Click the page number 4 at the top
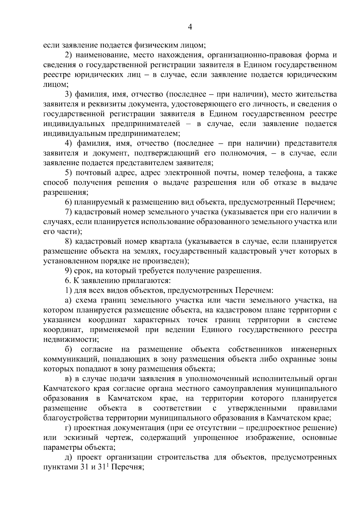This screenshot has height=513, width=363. (190, 27)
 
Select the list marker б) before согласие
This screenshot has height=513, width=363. (69, 349)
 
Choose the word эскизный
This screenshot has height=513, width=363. (80, 438)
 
